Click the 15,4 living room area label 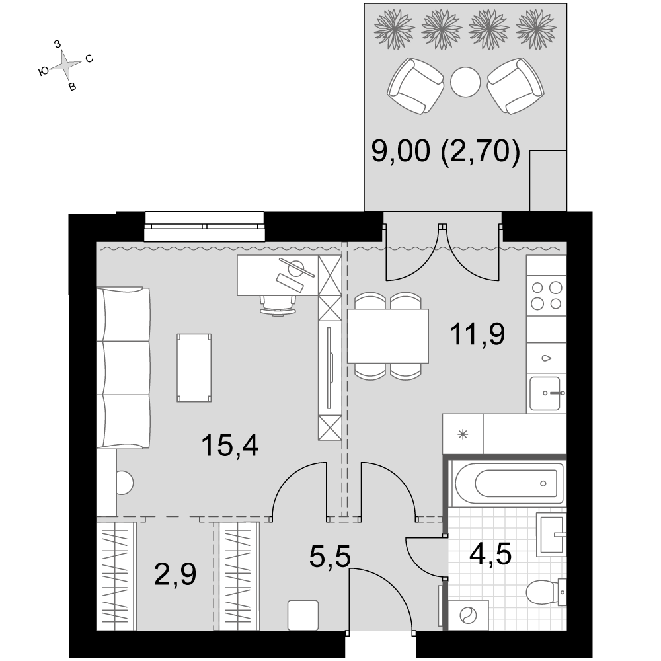[x=230, y=446]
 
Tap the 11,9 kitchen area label [x=477, y=334]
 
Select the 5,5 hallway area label [x=330, y=557]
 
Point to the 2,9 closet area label [x=175, y=574]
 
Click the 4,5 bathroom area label [x=490, y=553]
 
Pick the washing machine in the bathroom [x=468, y=615]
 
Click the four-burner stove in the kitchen [x=547, y=296]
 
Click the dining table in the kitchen [x=388, y=336]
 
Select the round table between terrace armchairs [x=465, y=82]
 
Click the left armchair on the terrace [x=416, y=85]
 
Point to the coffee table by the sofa [x=194, y=368]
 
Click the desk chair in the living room [x=278, y=305]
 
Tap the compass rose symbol [x=65, y=65]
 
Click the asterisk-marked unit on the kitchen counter [x=463, y=434]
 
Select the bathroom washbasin [x=551, y=534]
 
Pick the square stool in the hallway [x=303, y=615]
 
